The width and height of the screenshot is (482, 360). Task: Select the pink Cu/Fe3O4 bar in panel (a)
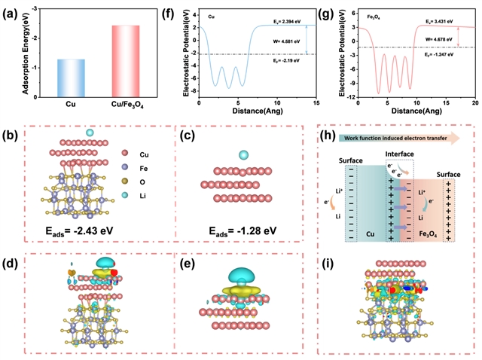point(124,53)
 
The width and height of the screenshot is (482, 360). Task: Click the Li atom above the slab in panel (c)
point(243,155)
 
